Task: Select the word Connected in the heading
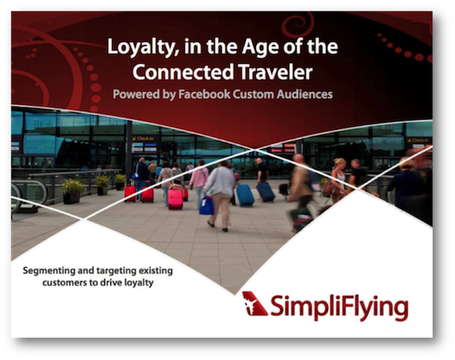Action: [x=183, y=72]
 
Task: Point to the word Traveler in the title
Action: [x=275, y=72]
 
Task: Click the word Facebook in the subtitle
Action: [x=205, y=94]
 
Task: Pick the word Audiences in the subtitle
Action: [x=304, y=94]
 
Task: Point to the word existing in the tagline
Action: [x=156, y=271]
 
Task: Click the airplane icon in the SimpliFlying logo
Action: [x=254, y=303]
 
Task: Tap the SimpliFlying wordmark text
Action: [x=339, y=307]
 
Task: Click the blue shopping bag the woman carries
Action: [x=206, y=205]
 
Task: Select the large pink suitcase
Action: [x=175, y=199]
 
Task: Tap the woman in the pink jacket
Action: [x=199, y=183]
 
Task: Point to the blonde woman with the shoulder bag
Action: [x=338, y=180]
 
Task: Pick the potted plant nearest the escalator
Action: [x=72, y=190]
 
